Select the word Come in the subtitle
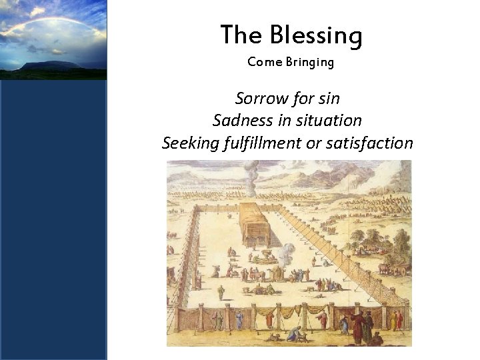(x=261, y=62)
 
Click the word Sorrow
(x=259, y=99)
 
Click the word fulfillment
(x=261, y=143)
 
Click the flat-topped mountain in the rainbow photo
(x=40, y=65)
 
